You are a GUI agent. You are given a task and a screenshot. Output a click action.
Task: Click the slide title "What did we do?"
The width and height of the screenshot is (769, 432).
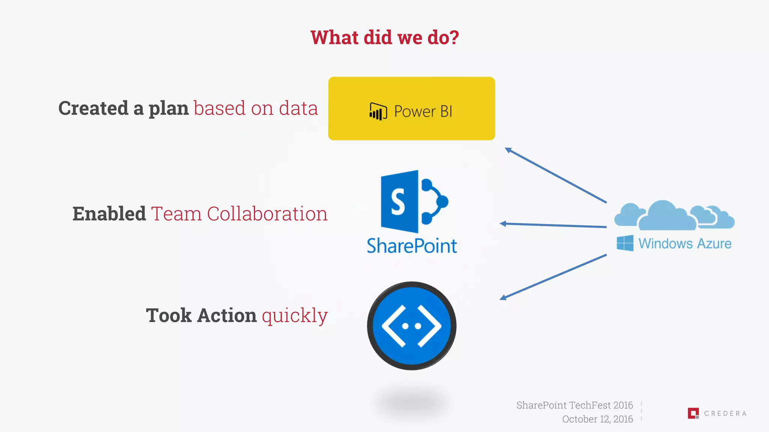[384, 37]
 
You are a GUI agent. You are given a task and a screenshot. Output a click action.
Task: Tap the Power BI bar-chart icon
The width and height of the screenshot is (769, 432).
[378, 111]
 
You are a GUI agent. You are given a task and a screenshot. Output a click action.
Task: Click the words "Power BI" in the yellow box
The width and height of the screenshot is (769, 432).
[423, 111]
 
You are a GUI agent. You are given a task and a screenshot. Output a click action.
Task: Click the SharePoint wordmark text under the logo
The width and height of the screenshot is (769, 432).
[412, 246]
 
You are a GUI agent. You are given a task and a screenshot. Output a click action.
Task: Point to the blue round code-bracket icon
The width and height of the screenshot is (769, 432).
[412, 325]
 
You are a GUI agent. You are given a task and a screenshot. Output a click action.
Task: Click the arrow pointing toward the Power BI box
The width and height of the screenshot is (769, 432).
[556, 175]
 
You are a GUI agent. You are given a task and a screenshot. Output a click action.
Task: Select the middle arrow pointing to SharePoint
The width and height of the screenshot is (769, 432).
[553, 225]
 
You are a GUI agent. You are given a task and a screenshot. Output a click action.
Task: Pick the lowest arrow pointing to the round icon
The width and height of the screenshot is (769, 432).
[553, 277]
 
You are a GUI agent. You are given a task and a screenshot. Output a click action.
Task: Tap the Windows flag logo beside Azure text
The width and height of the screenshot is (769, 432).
[625, 243]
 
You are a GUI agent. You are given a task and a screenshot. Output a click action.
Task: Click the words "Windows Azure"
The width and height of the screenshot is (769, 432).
[685, 244]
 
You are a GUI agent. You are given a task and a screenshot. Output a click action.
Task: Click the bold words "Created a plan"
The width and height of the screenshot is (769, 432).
[123, 108]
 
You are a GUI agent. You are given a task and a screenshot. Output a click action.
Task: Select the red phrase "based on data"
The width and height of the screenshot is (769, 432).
[256, 108]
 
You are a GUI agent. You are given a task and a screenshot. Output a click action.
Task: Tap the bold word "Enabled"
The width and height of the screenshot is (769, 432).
[109, 214]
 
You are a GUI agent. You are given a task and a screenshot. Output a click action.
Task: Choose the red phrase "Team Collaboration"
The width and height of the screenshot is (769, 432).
[239, 214]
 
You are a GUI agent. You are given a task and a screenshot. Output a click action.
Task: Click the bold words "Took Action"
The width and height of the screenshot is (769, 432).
[201, 315]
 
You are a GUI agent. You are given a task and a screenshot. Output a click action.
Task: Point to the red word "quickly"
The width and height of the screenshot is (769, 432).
[295, 316]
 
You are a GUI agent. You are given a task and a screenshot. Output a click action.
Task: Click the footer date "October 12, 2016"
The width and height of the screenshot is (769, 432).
[597, 419]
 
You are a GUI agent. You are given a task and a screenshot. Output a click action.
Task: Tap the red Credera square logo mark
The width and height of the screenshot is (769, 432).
[693, 413]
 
